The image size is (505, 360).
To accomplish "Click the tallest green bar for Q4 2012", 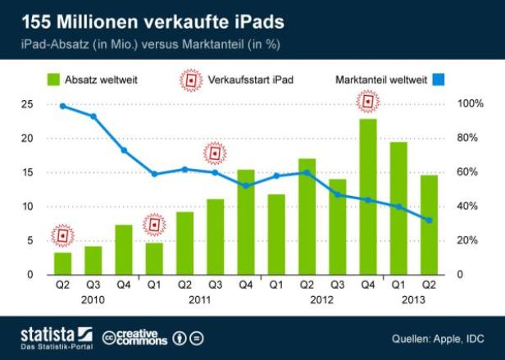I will [x=368, y=197].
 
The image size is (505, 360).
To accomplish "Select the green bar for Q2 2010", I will [x=62, y=263].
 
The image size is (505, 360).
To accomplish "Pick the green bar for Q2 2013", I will [x=429, y=225].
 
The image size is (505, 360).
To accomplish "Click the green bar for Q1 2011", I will [x=153, y=258].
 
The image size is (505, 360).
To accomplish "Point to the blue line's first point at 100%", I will [x=62, y=106].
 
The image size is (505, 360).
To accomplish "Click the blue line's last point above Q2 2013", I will [x=429, y=220].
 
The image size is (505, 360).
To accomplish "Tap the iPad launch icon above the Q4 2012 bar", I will [x=368, y=102].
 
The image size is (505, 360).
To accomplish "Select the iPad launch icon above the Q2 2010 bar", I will [x=62, y=235].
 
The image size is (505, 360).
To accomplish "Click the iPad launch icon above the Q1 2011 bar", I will [x=153, y=224].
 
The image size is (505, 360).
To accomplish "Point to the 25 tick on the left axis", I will [x=27, y=104].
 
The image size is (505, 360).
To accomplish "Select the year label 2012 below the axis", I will [x=321, y=301].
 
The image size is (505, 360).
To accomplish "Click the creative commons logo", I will [x=135, y=337].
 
